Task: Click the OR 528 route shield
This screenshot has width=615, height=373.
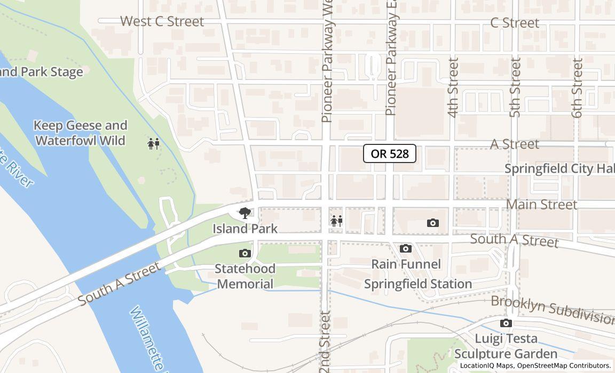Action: [x=389, y=153]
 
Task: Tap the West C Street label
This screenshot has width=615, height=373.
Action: [x=162, y=22]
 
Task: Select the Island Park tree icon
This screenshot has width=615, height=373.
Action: [x=245, y=213]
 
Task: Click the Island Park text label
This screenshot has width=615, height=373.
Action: [x=245, y=229]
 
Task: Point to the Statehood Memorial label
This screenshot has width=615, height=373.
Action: [x=245, y=276]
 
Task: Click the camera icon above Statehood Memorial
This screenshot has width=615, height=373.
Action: [x=245, y=253]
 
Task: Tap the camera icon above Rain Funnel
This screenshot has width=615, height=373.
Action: [x=406, y=248]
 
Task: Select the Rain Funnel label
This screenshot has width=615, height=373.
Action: [x=406, y=264]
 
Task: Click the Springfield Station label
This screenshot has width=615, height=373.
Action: [x=418, y=283]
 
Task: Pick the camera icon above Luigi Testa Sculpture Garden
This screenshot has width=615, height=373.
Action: [x=506, y=323]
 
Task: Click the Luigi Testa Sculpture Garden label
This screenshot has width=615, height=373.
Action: [x=506, y=346]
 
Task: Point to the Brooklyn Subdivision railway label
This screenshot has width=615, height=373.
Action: [x=553, y=310]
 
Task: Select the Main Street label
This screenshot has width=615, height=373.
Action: [x=541, y=205]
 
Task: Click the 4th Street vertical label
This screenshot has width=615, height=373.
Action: [x=453, y=87]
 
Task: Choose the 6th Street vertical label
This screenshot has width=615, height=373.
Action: [x=577, y=87]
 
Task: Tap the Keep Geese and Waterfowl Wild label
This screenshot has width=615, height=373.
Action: [x=81, y=133]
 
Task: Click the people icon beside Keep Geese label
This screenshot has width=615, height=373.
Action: [x=154, y=143]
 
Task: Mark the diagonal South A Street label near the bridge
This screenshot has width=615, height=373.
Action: [x=119, y=284]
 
